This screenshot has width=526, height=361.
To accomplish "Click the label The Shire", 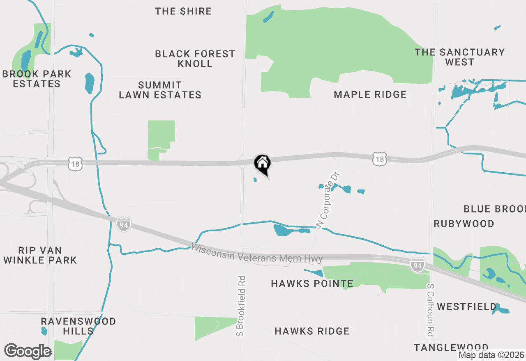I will pyautogui.click(x=183, y=11).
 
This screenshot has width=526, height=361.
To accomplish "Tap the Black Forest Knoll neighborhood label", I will pyautogui.click(x=195, y=59).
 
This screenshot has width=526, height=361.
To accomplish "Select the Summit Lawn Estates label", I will pyautogui.click(x=160, y=90).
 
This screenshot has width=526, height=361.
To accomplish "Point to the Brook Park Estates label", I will pyautogui.click(x=37, y=79).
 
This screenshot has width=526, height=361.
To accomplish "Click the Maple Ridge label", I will pyautogui.click(x=370, y=95).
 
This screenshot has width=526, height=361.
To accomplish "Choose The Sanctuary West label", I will pyautogui.click(x=459, y=57).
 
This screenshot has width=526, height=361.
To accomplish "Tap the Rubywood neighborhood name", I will pyautogui.click(x=464, y=224).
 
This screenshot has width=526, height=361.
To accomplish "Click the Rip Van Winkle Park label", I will pyautogui.click(x=40, y=255).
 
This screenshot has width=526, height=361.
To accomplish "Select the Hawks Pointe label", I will pyautogui.click(x=312, y=283).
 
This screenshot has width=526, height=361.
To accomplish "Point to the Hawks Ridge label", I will pyautogui.click(x=312, y=331).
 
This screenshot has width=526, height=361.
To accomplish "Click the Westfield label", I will pyautogui.click(x=467, y=306).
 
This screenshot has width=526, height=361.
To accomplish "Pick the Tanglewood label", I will pyautogui.click(x=451, y=347).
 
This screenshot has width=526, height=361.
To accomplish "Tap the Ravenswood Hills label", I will pyautogui.click(x=78, y=326).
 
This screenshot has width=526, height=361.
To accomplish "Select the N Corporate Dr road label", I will pyautogui.click(x=329, y=200).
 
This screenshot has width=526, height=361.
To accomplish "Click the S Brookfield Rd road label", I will pyautogui.click(x=241, y=306).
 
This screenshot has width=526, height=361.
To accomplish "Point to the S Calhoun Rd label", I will pyautogui.click(x=430, y=309).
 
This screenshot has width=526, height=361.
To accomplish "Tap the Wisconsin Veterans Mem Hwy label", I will pyautogui.click(x=257, y=253).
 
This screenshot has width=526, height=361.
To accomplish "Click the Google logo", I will pyautogui.click(x=28, y=351).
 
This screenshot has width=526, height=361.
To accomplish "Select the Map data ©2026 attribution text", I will pyautogui.click(x=491, y=355).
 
